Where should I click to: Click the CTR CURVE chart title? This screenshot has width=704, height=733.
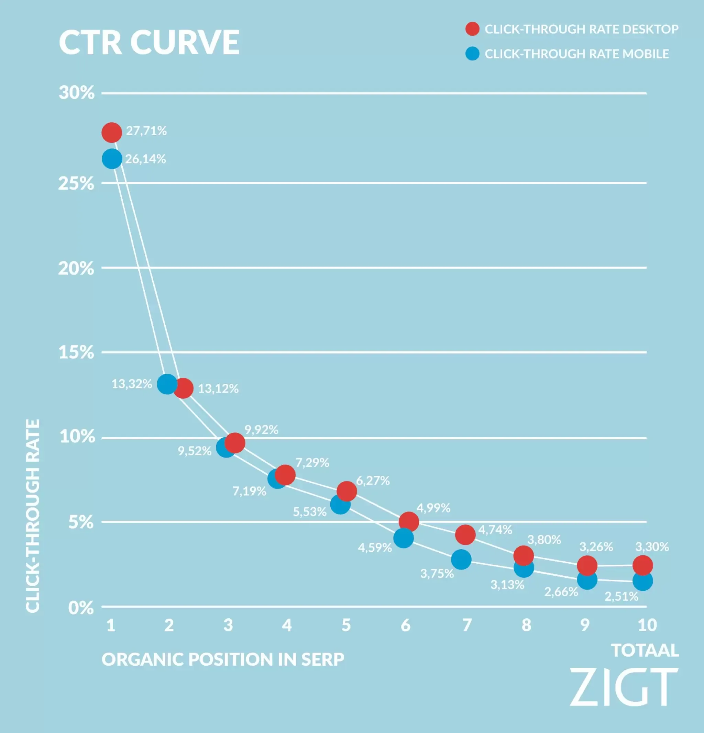149,42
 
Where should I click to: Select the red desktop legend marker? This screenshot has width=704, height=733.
472,29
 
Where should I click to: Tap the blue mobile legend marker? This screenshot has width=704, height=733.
472,54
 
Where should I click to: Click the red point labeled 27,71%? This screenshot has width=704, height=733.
111,132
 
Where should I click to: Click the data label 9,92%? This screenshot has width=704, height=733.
261,430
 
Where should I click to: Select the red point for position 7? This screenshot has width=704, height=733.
465,534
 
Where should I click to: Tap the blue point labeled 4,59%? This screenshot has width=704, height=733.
404,538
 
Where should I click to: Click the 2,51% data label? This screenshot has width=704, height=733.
621,597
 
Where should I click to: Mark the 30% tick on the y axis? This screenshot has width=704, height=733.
77,92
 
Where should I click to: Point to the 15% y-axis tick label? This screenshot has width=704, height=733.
76,352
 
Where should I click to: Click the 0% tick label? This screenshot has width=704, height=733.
81,608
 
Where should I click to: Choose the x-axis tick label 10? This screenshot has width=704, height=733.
647,625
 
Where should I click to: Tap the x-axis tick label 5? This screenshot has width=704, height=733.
346,625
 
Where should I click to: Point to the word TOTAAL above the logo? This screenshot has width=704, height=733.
645,651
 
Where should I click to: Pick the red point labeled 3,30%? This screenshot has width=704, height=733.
642,565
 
